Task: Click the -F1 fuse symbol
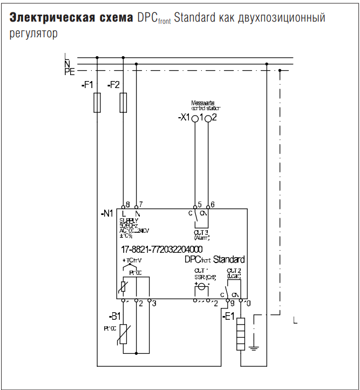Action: tap(97, 102)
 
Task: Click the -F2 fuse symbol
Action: tap(124, 102)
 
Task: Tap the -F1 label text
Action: tap(87, 85)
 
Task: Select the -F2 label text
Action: tap(114, 85)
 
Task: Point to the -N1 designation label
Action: tap(107, 213)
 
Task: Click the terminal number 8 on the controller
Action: tap(127, 204)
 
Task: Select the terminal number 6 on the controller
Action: tap(213, 204)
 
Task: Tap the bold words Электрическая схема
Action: tap(71, 18)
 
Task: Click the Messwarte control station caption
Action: tap(206, 106)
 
